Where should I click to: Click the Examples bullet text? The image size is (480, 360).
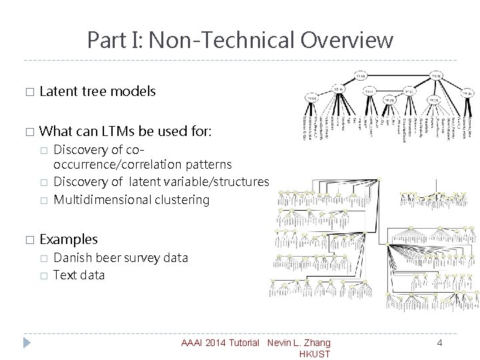[69, 239]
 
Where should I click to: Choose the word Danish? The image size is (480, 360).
[73, 258]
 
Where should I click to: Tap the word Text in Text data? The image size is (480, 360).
[64, 275]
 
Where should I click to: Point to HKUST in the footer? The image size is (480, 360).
[315, 354]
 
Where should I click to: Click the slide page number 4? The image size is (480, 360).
[439, 343]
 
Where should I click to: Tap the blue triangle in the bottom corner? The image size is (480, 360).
[27, 343]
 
